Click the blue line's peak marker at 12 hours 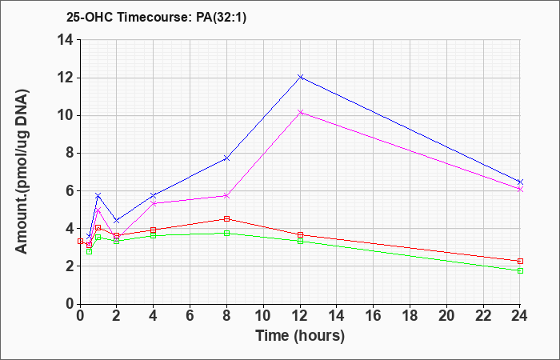300,77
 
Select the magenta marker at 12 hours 300,113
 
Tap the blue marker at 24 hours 520,182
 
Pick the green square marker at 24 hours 520,270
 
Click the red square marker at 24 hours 520,261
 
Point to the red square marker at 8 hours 226,218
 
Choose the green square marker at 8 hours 226,234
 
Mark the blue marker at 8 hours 226,158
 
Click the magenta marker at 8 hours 226,196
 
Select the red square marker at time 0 80,242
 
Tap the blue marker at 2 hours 117,220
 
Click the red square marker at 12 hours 300,234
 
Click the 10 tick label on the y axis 66,116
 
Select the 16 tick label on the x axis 374,316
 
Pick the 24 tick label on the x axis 519,316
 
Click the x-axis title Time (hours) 300,336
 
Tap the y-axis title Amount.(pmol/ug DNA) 22,171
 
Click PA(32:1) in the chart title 222,18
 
